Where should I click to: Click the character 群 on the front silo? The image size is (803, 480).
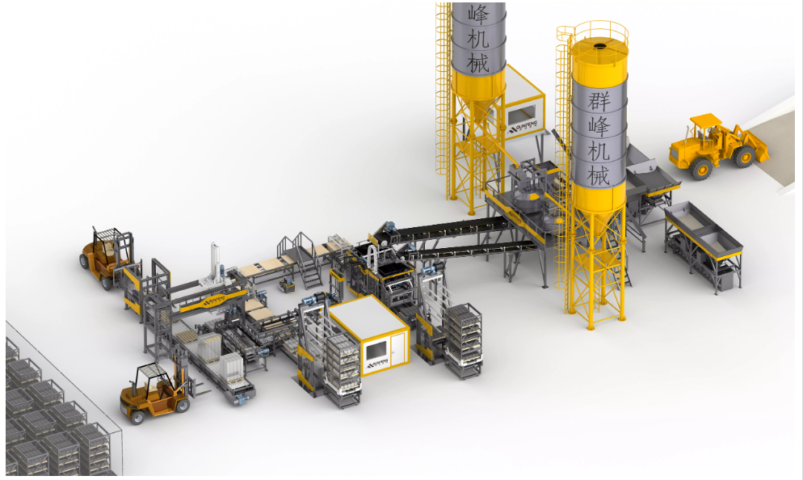(x=599, y=101)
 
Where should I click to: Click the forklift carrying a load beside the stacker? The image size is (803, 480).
(x=108, y=254)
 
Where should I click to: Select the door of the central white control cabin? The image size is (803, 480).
(x=397, y=348)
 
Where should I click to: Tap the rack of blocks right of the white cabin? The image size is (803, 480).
(x=465, y=340)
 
